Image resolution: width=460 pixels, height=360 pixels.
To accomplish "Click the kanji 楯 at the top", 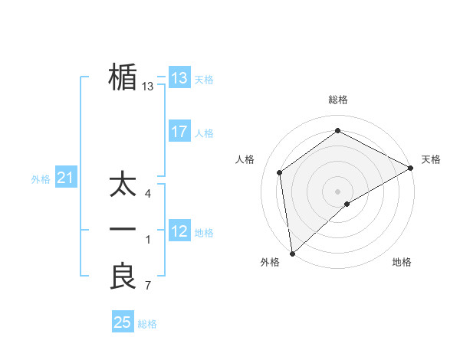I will tap(123, 77).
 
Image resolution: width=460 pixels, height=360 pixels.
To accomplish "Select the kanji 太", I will tap(123, 185).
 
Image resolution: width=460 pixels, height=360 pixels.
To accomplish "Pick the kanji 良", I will tap(123, 277).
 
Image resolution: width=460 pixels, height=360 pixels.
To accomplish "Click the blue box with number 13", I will tap(179, 77).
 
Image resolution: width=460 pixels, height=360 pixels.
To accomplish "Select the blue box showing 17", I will tap(179, 131).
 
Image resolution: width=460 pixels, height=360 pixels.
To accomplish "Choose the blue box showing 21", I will tap(66, 178).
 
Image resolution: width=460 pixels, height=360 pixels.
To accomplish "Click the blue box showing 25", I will tap(123, 322).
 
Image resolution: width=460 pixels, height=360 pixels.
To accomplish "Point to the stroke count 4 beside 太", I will tap(148, 194).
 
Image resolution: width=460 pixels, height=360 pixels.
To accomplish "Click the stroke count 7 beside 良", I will tap(148, 286).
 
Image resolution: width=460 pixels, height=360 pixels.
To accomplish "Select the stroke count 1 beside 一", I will tap(148, 240).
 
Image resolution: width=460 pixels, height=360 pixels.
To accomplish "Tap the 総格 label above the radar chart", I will tap(338, 100).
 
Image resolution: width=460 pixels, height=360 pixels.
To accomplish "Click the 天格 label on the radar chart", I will tap(431, 159).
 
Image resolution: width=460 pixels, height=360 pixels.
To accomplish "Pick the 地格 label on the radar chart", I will tap(402, 262).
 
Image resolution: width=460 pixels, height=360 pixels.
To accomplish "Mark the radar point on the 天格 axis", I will tap(411, 168).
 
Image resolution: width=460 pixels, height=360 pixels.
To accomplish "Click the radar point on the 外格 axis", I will tap(292, 254).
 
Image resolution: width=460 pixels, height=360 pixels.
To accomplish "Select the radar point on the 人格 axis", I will tap(280, 172).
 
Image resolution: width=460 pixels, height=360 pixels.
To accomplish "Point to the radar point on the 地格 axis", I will tap(347, 204).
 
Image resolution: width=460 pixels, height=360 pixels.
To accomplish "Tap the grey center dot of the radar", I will tap(338, 191).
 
